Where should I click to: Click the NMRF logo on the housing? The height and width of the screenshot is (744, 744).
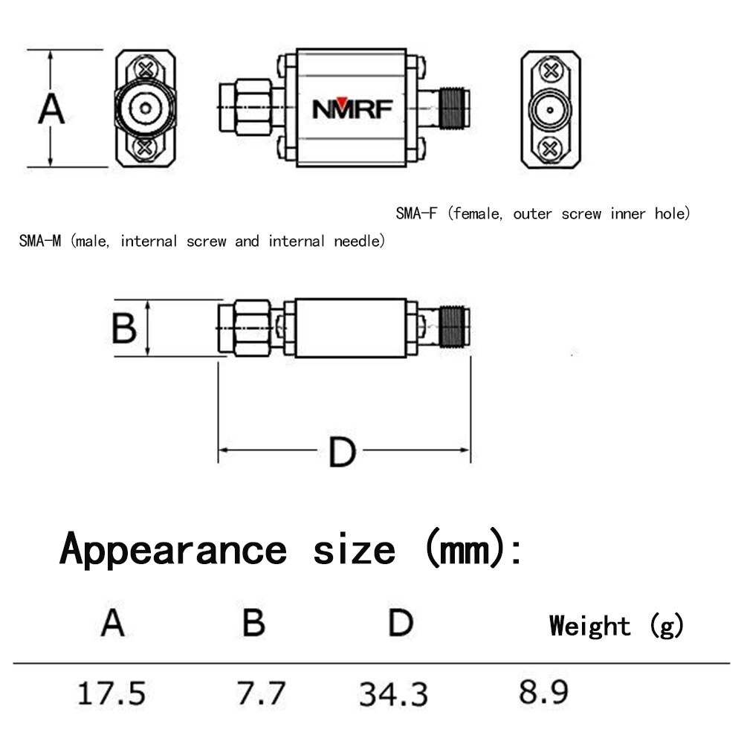352,109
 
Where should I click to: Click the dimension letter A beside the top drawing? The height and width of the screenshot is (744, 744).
53,109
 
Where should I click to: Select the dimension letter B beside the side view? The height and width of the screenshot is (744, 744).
124,328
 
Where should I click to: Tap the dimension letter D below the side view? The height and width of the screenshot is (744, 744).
343,452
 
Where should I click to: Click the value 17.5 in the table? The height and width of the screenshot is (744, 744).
112,694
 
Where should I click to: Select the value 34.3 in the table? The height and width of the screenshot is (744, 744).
393,695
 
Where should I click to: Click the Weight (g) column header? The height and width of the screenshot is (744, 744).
616,627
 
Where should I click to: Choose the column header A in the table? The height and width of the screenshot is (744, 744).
113,624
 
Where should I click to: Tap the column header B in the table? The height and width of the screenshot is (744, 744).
254,624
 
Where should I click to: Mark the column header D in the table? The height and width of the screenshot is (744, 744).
400,624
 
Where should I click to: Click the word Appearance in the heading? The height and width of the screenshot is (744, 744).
172,550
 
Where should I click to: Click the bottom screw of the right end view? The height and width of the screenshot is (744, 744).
550,147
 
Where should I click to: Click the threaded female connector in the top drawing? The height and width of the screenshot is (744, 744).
454,109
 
